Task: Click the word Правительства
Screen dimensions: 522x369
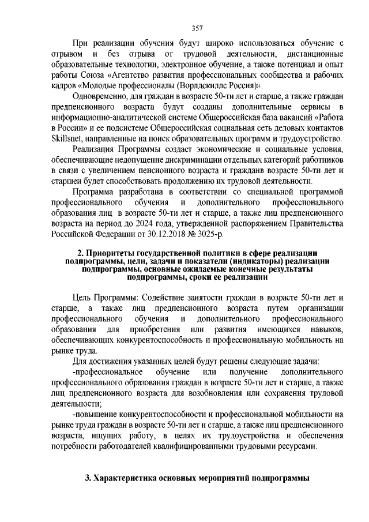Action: [322, 222]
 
